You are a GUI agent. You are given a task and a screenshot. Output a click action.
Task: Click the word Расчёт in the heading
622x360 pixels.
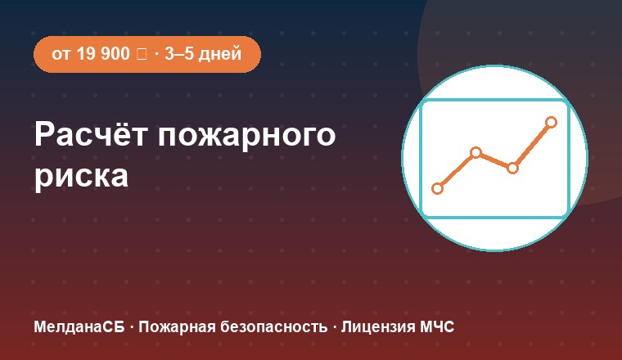click(91, 134)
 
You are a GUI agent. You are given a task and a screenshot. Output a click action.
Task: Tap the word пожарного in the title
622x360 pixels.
click(246, 137)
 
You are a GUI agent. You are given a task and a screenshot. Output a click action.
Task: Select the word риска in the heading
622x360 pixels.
click(81, 177)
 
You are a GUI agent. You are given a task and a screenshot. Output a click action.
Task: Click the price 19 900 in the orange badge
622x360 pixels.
click(103, 53)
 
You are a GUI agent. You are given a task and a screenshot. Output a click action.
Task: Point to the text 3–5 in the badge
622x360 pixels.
click(179, 53)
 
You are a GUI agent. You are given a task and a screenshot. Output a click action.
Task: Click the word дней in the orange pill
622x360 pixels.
click(219, 54)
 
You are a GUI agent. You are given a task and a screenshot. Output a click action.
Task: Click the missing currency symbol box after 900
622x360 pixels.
click(142, 54)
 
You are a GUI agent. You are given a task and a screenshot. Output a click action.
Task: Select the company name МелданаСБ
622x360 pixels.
click(79, 327)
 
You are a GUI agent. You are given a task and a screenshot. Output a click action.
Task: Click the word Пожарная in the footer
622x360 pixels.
click(177, 327)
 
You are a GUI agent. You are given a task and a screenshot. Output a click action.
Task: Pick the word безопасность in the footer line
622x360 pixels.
click(273, 327)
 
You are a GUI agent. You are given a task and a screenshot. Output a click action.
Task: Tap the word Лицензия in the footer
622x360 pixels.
click(378, 327)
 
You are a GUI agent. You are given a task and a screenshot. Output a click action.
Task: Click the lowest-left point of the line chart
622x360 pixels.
click(437, 188)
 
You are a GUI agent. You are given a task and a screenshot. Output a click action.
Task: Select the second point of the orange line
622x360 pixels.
click(476, 153)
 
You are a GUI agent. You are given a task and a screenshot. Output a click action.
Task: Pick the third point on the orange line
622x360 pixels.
click(512, 168)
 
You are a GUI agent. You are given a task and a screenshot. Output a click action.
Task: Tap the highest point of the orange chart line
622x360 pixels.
click(551, 122)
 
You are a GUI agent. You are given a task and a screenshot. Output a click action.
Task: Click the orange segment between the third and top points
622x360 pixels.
click(531, 145)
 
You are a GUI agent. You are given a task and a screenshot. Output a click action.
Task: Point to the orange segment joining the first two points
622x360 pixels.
click(457, 170)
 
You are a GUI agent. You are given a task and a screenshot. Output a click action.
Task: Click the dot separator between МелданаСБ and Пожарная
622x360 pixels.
click(132, 327)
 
